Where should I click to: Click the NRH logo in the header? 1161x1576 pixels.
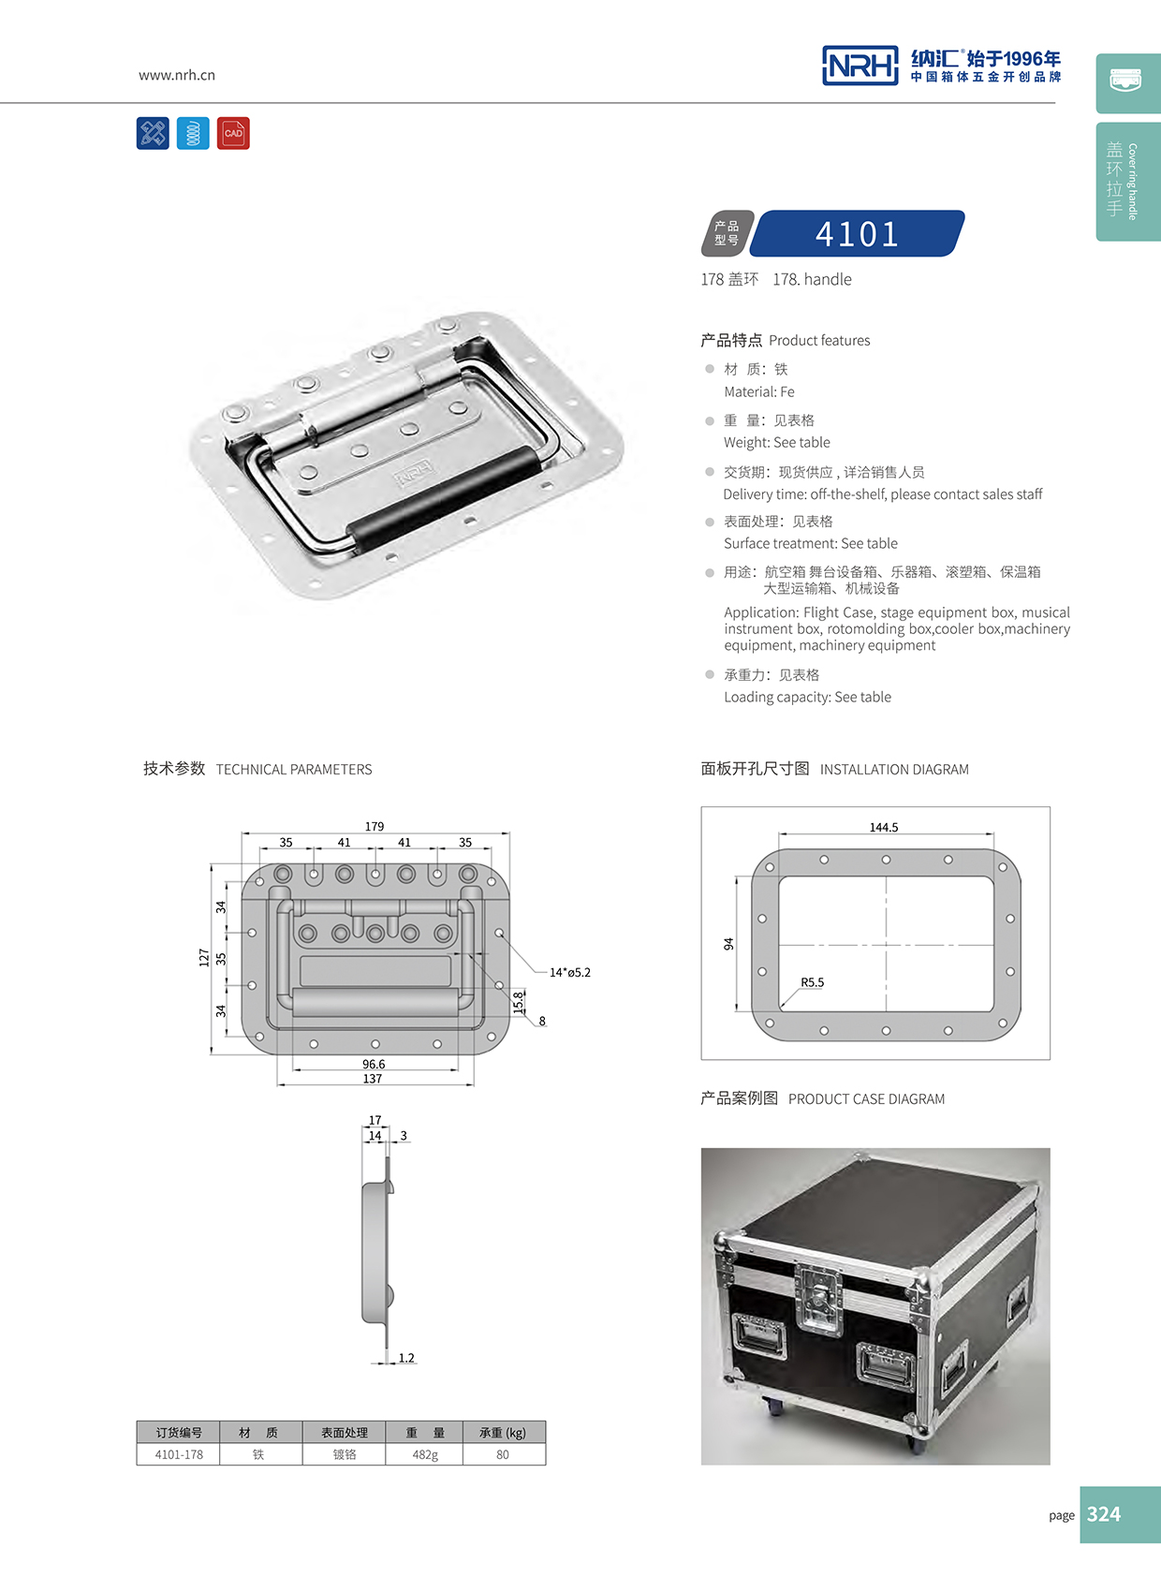(x=860, y=66)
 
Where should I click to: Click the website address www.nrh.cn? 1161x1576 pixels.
(x=177, y=75)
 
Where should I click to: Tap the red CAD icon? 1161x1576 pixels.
(x=233, y=133)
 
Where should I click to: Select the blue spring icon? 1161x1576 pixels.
(x=193, y=133)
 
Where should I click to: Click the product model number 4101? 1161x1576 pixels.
(x=857, y=234)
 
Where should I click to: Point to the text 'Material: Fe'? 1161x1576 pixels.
(x=758, y=391)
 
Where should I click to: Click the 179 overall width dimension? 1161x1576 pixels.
(x=375, y=826)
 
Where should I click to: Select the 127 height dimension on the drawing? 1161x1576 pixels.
(x=204, y=957)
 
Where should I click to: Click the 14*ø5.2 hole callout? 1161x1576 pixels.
(x=569, y=972)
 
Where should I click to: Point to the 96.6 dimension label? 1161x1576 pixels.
(x=374, y=1064)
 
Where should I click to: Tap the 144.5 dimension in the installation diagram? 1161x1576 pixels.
(x=883, y=827)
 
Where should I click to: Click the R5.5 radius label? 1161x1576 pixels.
(x=812, y=982)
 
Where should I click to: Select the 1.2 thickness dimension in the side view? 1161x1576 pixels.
(x=406, y=1357)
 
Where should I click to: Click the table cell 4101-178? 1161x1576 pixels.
(x=179, y=1454)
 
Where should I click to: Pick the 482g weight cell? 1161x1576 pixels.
(x=425, y=1454)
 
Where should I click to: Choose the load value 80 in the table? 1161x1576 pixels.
(x=503, y=1454)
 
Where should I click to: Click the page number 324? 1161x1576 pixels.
(x=1104, y=1514)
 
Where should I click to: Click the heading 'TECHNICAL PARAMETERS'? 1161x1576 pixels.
(x=293, y=769)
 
